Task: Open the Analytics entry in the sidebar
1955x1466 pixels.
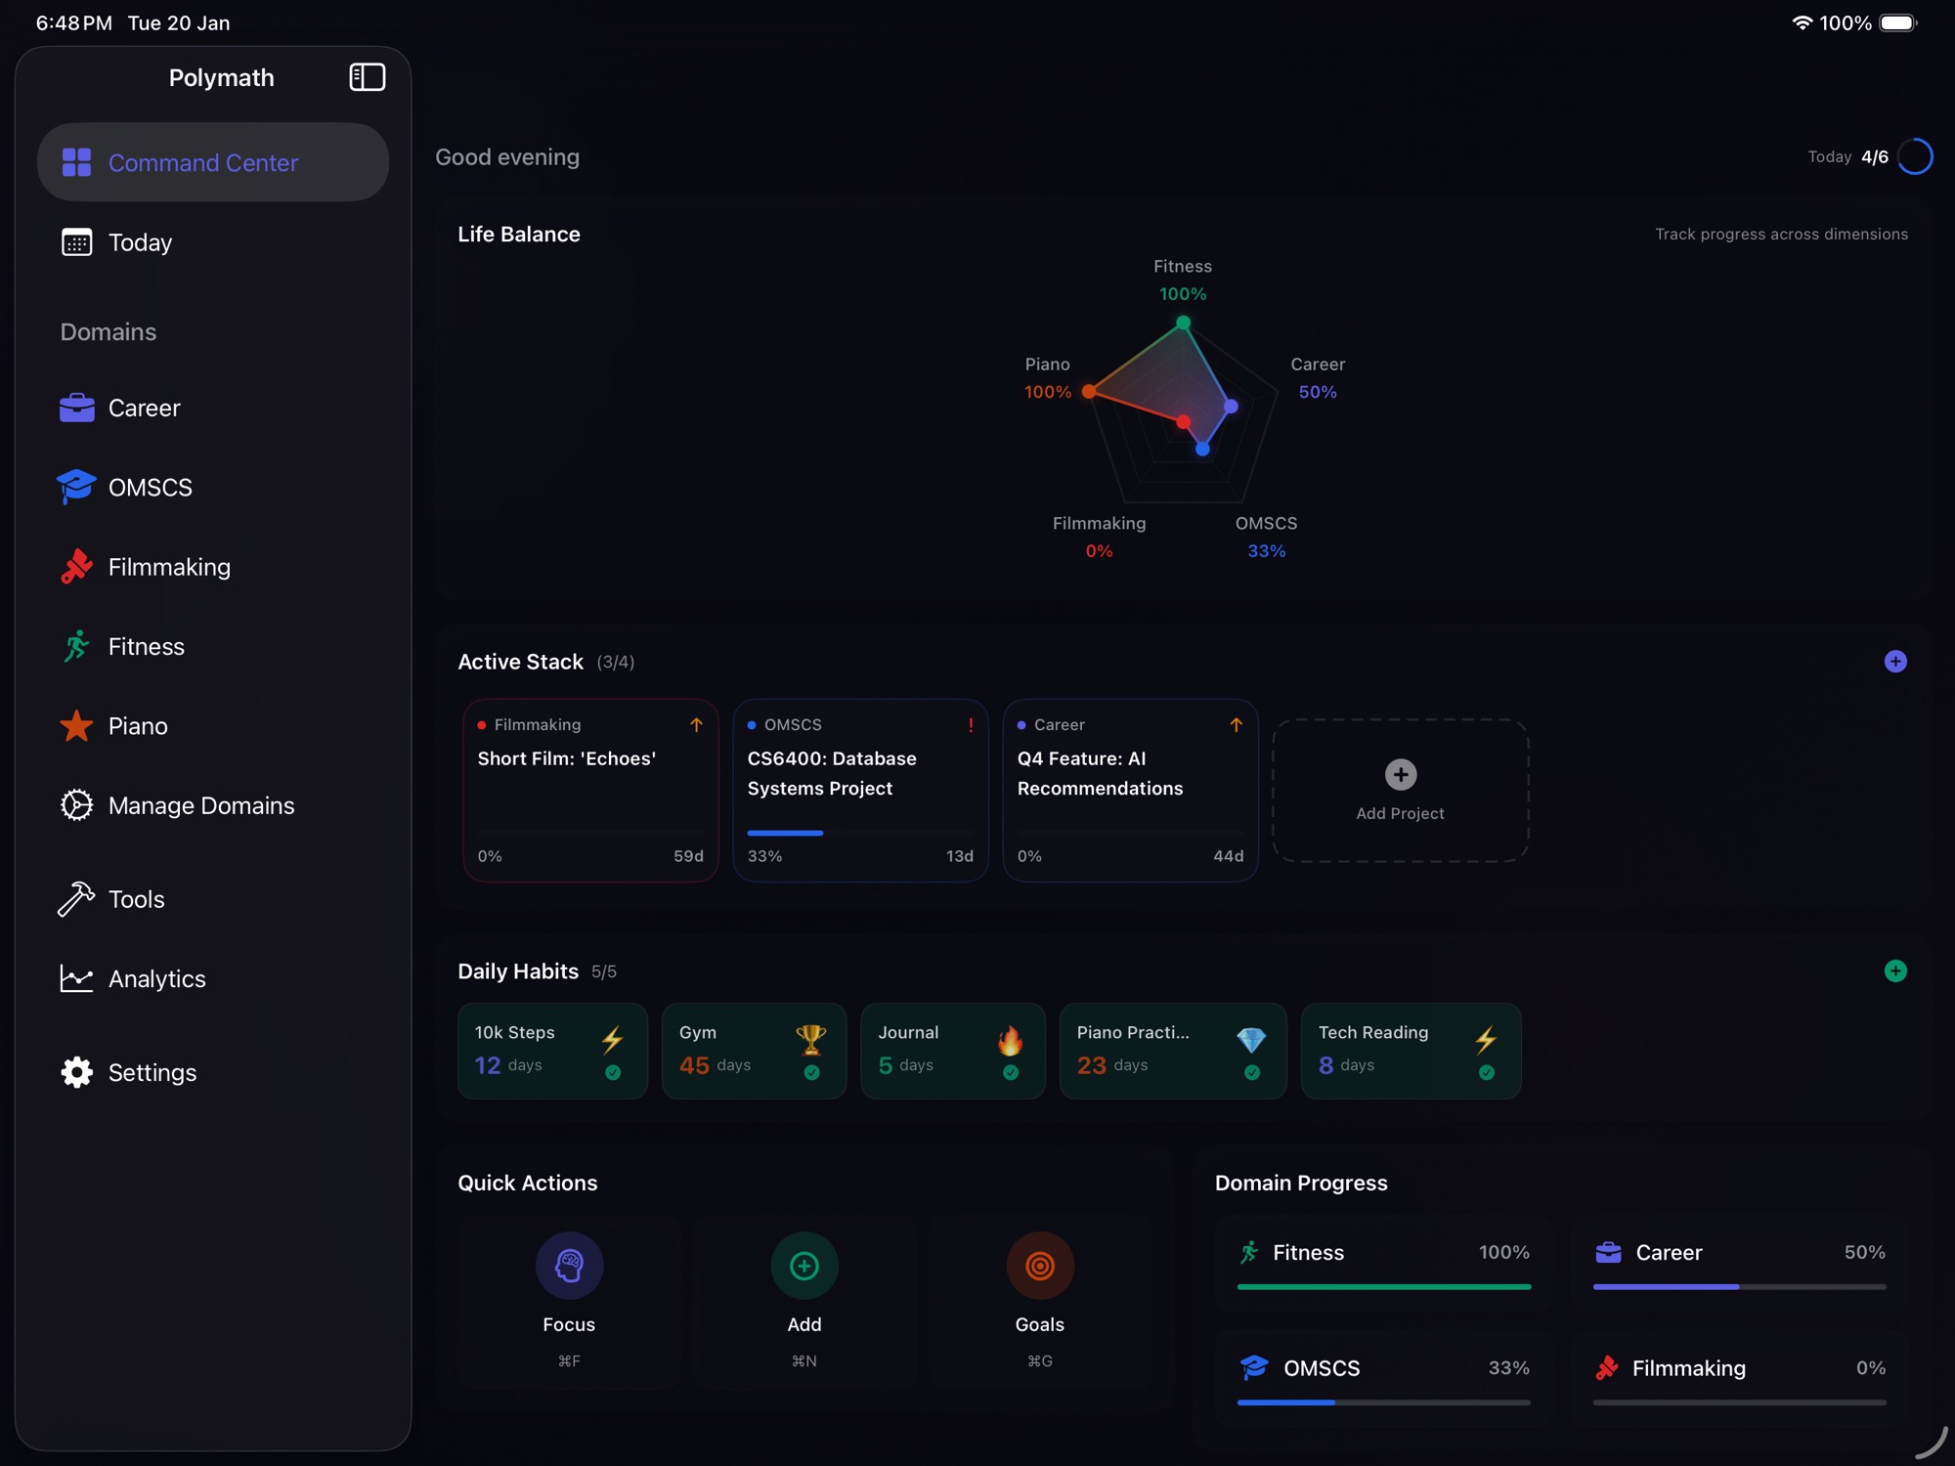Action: tap(156, 978)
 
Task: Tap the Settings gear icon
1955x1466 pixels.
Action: tap(76, 1072)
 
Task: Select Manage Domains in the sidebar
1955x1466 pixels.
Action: tap(200, 805)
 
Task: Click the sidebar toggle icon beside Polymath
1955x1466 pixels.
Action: tap(368, 77)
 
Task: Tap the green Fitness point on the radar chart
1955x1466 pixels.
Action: tap(1183, 323)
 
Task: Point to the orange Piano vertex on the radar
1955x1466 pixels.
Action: tap(1089, 391)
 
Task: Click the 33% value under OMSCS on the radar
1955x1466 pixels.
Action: tap(1266, 551)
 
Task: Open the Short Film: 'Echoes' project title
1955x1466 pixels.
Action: tap(567, 758)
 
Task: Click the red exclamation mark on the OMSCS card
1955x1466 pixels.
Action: tap(971, 725)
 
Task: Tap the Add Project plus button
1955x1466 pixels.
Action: tap(1400, 775)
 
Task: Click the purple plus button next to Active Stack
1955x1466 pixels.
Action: tap(1895, 662)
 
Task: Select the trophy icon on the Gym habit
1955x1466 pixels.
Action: tap(811, 1039)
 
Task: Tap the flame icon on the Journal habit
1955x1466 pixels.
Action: tap(1011, 1041)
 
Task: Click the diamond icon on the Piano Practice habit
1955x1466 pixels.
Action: tap(1251, 1040)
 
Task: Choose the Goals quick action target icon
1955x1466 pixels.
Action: tap(1040, 1266)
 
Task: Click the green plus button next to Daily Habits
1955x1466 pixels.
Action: tap(1895, 970)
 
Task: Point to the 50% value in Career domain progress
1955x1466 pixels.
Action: tap(1864, 1252)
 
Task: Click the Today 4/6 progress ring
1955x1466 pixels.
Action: tap(1915, 156)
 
